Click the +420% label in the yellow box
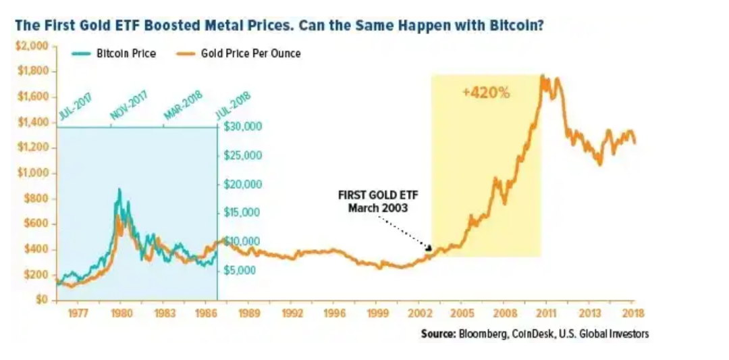[486, 93]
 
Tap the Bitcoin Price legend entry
[126, 53]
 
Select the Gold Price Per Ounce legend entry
[250, 53]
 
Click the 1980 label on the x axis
[122, 313]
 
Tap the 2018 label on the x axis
[633, 313]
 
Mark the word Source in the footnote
[438, 334]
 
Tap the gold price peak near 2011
[542, 76]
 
